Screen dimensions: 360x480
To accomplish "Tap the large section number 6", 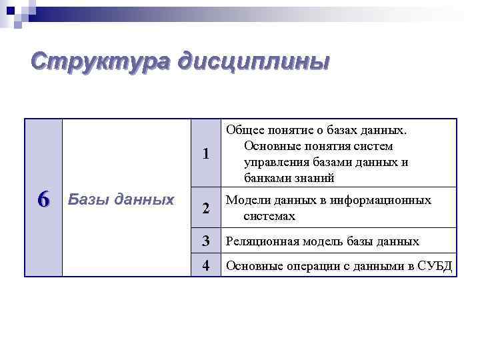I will tap(43, 199).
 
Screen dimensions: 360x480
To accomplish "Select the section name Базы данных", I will tap(121, 199).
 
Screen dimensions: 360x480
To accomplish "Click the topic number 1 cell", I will tap(206, 154).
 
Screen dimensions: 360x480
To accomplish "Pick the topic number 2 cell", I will tap(206, 209).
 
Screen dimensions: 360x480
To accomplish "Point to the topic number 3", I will tap(206, 241).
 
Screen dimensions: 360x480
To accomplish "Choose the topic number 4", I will tap(206, 266).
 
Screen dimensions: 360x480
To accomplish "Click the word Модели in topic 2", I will tap(247, 201).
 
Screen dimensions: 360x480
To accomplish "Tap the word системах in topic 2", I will tap(269, 217).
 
